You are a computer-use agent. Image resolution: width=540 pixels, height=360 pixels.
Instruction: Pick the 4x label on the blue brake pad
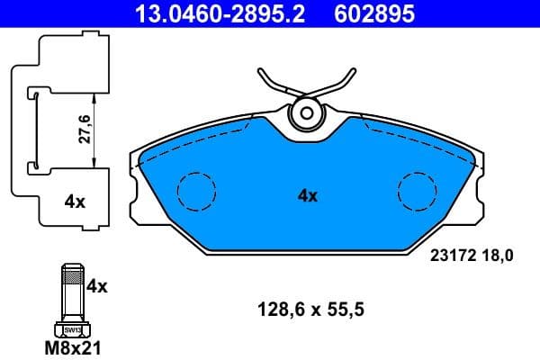(307, 194)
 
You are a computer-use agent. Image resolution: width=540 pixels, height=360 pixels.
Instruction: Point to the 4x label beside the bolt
(96, 287)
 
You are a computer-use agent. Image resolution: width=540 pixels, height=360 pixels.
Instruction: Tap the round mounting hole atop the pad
(307, 113)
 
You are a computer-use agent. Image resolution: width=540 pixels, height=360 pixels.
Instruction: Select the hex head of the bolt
(73, 330)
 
